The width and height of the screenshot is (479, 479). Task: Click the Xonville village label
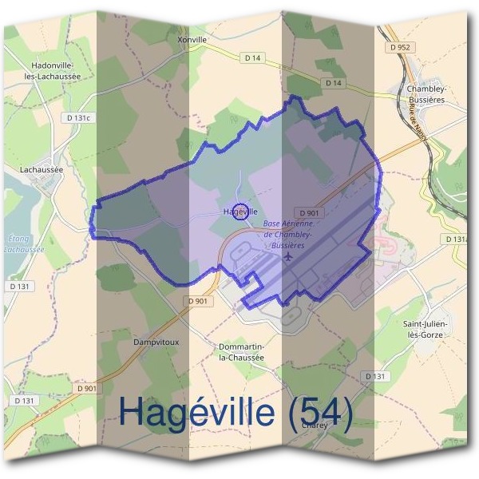pos(194,38)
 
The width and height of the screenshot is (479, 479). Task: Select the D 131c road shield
pos(79,118)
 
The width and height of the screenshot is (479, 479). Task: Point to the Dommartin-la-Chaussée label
pos(241,352)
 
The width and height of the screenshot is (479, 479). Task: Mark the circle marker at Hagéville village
pos(240,212)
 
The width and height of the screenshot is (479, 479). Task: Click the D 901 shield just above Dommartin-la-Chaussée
pos(200,301)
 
